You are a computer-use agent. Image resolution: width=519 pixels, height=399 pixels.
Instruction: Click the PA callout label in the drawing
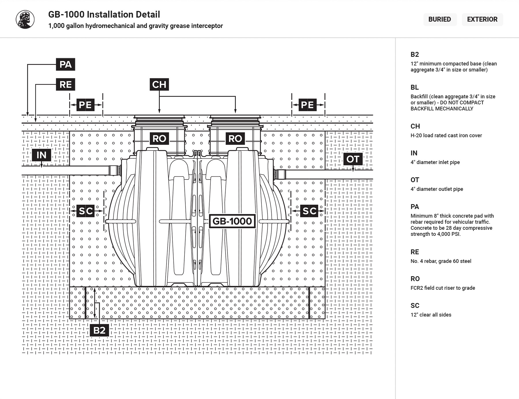[x=65, y=64]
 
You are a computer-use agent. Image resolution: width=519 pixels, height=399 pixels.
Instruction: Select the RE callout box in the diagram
[x=65, y=84]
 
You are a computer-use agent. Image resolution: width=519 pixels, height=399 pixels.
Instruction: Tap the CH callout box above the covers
[x=159, y=84]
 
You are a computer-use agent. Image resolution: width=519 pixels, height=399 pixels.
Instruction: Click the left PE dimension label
[x=85, y=105]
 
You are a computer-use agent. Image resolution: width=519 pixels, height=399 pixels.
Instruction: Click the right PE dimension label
[x=307, y=105]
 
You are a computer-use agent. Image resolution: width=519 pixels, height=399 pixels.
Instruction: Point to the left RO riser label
[x=159, y=139]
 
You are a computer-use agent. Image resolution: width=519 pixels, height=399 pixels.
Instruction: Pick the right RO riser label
[x=235, y=139]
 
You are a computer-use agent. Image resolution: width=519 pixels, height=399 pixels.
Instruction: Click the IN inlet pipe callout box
[x=42, y=155]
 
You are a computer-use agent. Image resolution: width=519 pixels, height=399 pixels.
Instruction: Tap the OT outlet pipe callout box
[x=353, y=159]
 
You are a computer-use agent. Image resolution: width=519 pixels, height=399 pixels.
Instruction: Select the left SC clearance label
[x=86, y=211]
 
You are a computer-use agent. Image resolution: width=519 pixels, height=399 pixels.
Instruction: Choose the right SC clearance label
[x=309, y=211]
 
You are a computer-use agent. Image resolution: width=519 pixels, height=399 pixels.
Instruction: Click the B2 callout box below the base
[x=99, y=330]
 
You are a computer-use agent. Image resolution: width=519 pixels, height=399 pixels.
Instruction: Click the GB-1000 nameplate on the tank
[x=232, y=221]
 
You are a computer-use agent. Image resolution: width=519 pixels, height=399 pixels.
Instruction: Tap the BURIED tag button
[x=439, y=19]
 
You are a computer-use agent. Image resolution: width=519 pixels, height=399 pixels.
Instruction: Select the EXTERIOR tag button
[x=482, y=19]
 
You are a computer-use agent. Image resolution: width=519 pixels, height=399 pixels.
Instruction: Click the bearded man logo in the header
[x=25, y=20]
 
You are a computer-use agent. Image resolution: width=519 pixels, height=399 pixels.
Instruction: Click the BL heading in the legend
[x=414, y=87]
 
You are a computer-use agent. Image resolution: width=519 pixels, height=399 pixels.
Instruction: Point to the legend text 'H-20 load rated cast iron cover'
[x=446, y=135]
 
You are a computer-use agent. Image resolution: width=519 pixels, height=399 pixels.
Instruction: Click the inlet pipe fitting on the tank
[x=115, y=170]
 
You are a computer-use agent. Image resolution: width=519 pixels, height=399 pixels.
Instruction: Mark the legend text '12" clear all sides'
[x=431, y=315]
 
